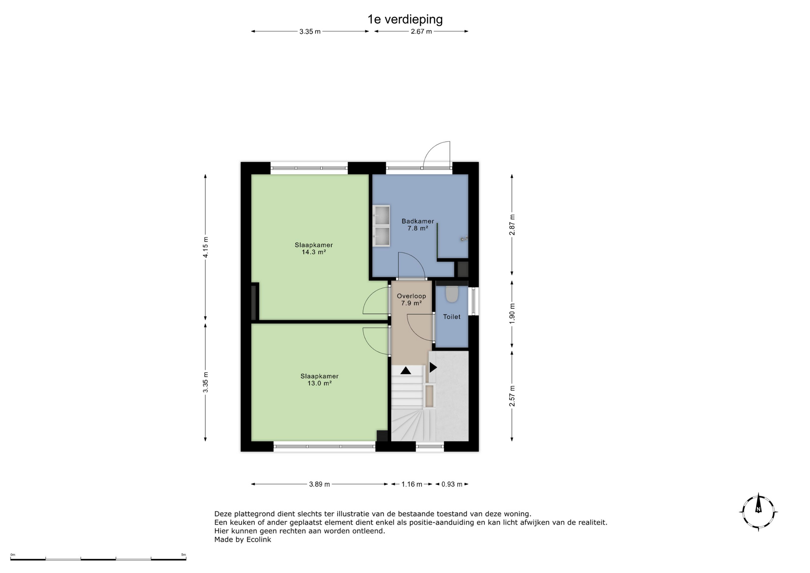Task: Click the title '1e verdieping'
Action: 405,19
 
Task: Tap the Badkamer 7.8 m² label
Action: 418,224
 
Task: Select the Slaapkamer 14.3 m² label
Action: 313,249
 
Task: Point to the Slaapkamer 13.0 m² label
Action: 319,380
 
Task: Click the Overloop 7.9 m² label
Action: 411,300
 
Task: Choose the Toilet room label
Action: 451,316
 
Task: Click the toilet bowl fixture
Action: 452,294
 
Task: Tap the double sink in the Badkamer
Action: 381,225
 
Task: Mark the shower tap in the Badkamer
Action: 464,239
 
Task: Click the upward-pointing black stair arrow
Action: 405,370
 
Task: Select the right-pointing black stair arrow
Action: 433,368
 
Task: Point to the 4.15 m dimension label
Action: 205,247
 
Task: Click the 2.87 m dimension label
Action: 512,225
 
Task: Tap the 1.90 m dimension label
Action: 512,314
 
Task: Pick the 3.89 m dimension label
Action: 319,484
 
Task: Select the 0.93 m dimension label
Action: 452,484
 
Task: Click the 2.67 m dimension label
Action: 421,32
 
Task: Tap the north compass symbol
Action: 759,512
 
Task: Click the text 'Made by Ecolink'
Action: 243,540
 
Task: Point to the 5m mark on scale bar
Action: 183,555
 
